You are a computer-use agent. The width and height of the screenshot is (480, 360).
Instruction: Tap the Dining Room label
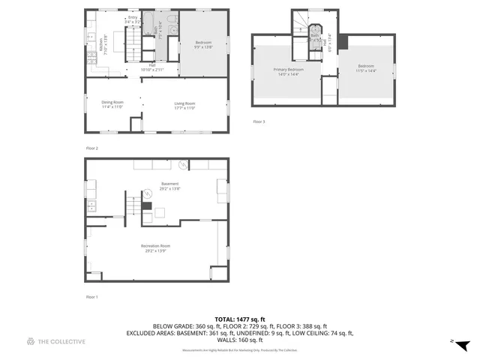tap(112, 103)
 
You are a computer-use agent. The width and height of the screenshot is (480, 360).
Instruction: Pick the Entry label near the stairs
tap(133, 19)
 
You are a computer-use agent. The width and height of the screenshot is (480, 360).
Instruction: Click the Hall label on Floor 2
tap(152, 67)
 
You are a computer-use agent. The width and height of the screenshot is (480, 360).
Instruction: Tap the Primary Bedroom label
tap(286, 71)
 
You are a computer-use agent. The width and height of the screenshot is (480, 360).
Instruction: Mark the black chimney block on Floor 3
tap(343, 43)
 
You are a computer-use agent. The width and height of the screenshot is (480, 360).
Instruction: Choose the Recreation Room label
tap(155, 247)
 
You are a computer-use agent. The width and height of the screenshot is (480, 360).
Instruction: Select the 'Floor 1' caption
tap(92, 297)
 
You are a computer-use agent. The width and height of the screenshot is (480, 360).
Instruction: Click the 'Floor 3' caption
tap(258, 121)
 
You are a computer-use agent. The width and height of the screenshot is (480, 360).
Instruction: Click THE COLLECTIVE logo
tap(56, 341)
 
